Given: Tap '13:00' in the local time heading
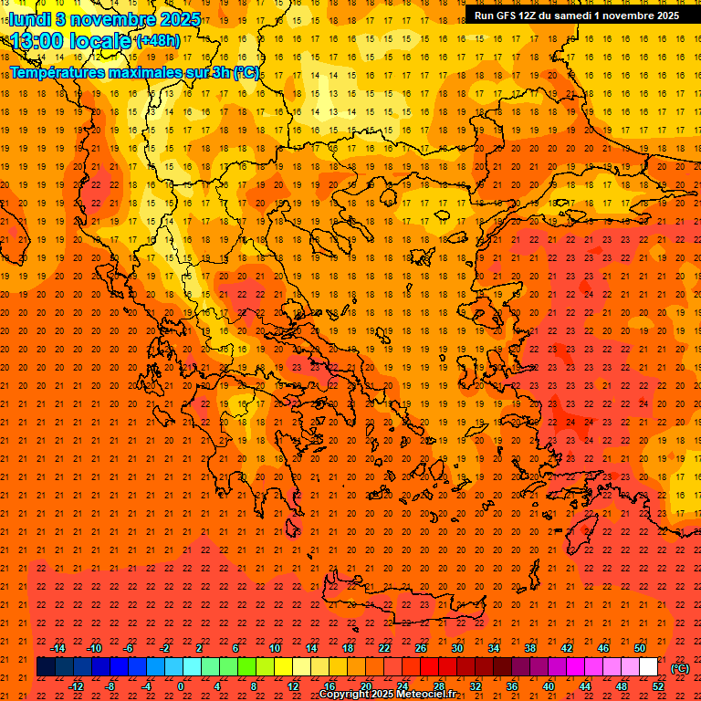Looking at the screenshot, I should point(42,41).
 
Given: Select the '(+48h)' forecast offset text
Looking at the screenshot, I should point(157,41).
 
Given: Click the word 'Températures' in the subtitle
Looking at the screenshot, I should point(65,72).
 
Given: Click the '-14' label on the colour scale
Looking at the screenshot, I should point(58,648).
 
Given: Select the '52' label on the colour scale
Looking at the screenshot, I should point(657,686).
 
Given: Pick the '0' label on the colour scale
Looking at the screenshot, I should point(182,686).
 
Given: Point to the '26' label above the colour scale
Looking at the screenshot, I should point(420,648).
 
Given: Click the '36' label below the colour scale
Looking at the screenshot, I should point(511,686).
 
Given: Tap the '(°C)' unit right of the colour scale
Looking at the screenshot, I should point(680,668).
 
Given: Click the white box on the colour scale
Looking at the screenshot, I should point(648,667).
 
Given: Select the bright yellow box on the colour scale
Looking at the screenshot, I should point(283,667).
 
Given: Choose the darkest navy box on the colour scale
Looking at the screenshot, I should point(46,667).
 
